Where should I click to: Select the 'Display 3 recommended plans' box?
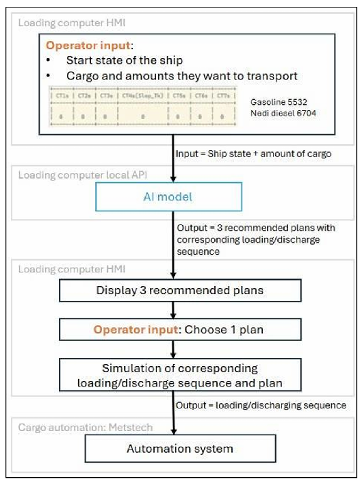181,291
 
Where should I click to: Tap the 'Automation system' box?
181,449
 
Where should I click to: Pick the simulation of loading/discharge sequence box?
181,375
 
